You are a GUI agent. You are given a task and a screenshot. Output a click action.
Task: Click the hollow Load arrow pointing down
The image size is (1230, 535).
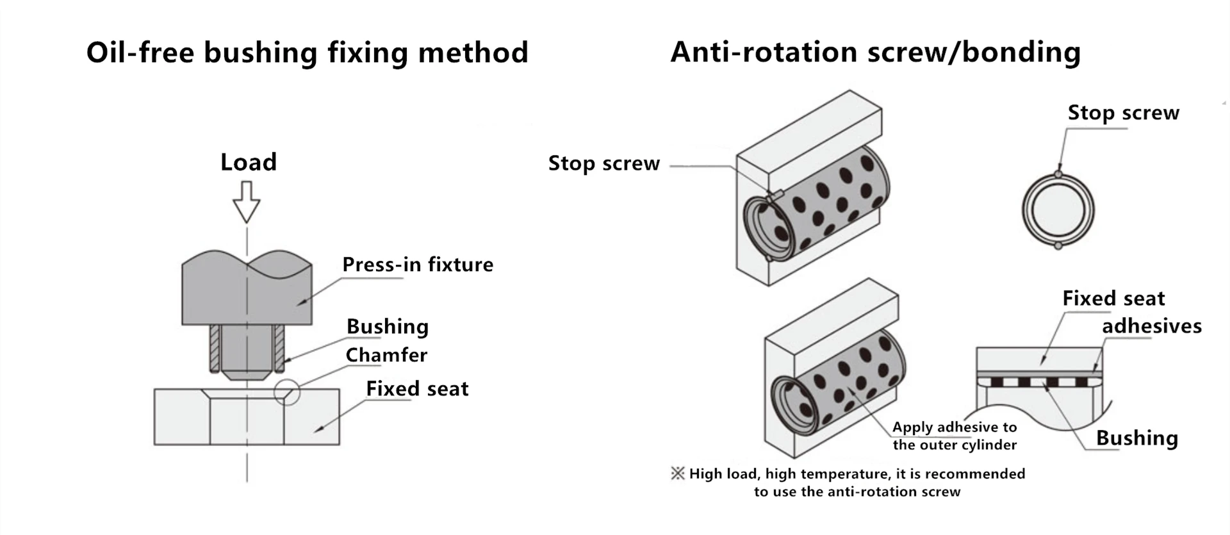(x=247, y=202)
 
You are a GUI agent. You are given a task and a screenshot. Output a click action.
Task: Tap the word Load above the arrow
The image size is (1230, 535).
(x=249, y=162)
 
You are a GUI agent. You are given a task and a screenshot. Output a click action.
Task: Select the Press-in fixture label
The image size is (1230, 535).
(x=418, y=264)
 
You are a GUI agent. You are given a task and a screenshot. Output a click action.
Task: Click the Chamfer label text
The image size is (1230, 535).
(x=386, y=355)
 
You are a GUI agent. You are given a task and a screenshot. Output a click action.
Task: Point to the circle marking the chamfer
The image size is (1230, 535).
(x=287, y=391)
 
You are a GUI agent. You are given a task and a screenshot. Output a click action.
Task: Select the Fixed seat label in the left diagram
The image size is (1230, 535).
(x=417, y=388)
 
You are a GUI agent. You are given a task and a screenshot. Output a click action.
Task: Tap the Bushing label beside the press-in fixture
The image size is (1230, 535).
(x=388, y=327)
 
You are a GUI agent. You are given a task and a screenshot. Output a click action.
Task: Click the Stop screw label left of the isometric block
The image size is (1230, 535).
(x=603, y=163)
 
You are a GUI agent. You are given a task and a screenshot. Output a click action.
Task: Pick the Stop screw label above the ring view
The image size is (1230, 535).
(x=1123, y=113)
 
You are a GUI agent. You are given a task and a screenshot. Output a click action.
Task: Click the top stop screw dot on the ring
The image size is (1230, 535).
(x=1058, y=174)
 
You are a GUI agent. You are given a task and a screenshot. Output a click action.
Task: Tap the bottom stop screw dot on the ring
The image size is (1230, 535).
(x=1058, y=245)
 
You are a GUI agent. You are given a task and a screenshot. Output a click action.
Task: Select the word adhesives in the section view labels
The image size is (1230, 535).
(x=1152, y=326)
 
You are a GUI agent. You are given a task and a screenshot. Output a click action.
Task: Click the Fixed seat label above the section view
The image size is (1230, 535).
(x=1113, y=298)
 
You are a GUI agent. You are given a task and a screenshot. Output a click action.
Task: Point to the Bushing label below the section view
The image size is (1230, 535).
(x=1137, y=438)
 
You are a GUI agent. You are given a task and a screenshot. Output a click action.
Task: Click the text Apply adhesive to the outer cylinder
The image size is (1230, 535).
(x=955, y=436)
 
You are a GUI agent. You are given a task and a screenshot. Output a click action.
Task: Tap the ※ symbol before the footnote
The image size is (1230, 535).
(x=677, y=473)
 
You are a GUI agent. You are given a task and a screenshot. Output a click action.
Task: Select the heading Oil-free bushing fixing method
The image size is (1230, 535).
(x=307, y=52)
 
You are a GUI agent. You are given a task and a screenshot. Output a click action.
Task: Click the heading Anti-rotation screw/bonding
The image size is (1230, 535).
(x=876, y=52)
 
